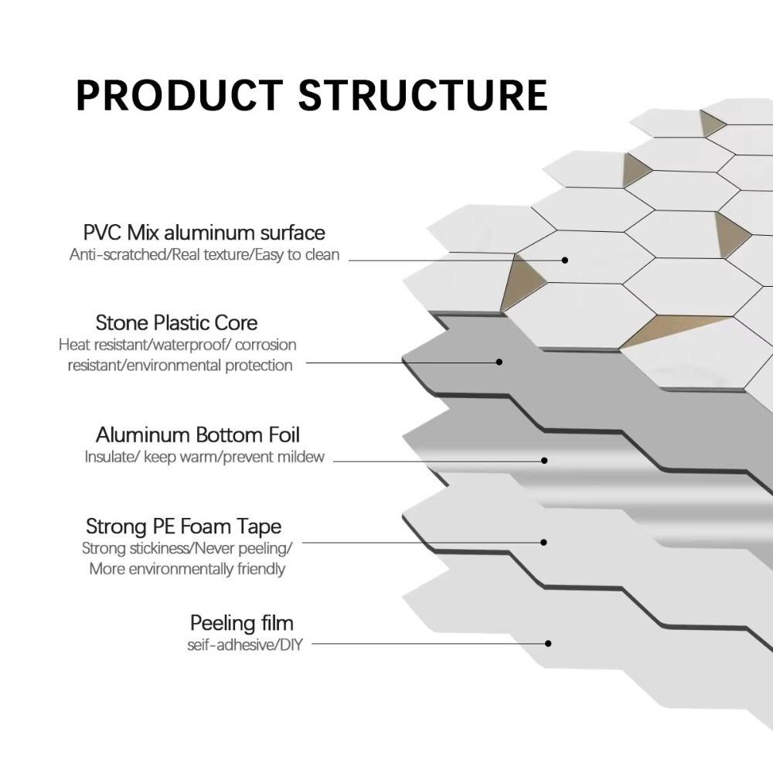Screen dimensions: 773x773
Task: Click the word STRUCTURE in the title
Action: (423, 94)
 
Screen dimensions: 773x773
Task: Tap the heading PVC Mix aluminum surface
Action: (204, 232)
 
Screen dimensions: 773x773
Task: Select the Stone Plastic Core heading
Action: (176, 322)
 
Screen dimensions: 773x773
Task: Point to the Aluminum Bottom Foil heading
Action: (197, 434)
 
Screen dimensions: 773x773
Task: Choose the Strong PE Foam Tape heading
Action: (183, 527)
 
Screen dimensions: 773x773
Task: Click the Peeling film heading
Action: (241, 623)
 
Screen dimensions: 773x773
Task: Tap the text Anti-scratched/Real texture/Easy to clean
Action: (204, 254)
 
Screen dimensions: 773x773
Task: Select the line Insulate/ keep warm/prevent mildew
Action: (204, 457)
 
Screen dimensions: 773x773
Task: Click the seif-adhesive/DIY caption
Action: (244, 644)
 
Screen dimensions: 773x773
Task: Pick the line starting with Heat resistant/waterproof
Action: (177, 345)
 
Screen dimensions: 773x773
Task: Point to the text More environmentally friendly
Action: (187, 569)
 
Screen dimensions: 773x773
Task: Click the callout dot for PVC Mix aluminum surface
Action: (565, 260)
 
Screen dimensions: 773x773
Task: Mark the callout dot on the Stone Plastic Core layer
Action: (499, 361)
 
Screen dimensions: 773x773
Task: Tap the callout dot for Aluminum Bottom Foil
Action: (544, 460)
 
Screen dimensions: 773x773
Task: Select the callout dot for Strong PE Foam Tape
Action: (543, 543)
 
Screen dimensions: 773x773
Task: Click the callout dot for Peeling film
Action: (548, 643)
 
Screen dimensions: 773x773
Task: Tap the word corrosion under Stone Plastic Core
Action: (265, 345)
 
